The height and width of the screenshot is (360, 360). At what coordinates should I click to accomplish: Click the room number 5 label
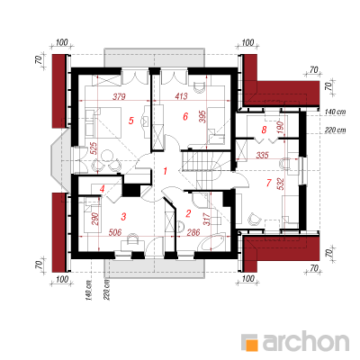point(130,121)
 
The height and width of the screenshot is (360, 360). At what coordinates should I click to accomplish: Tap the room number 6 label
point(185,116)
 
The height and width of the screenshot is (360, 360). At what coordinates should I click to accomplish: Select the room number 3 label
point(123,216)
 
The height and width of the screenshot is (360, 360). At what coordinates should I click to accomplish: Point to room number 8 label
point(264,130)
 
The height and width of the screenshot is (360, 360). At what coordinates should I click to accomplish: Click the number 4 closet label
point(103,189)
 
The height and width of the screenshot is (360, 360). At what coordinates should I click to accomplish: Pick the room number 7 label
point(268,183)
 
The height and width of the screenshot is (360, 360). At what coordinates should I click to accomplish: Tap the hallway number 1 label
point(165,171)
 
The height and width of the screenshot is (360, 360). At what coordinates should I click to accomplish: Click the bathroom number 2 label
point(188,213)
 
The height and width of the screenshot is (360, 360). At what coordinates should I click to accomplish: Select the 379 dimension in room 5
point(119,96)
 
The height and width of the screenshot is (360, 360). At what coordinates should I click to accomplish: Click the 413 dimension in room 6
point(181,96)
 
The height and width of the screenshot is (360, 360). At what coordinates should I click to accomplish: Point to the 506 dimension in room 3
point(115,232)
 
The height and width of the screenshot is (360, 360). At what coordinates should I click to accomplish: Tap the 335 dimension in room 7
point(263,155)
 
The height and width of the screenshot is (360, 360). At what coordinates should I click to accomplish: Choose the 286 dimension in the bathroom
point(193,232)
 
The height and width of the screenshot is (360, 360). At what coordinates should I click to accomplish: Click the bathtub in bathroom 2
point(212,242)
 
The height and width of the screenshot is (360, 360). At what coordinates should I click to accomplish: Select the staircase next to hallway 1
point(204,170)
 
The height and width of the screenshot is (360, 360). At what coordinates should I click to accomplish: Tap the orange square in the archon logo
point(251,344)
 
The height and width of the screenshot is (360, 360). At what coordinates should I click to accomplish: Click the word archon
point(306,341)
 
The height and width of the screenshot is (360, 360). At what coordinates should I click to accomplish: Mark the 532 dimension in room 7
point(281,184)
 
